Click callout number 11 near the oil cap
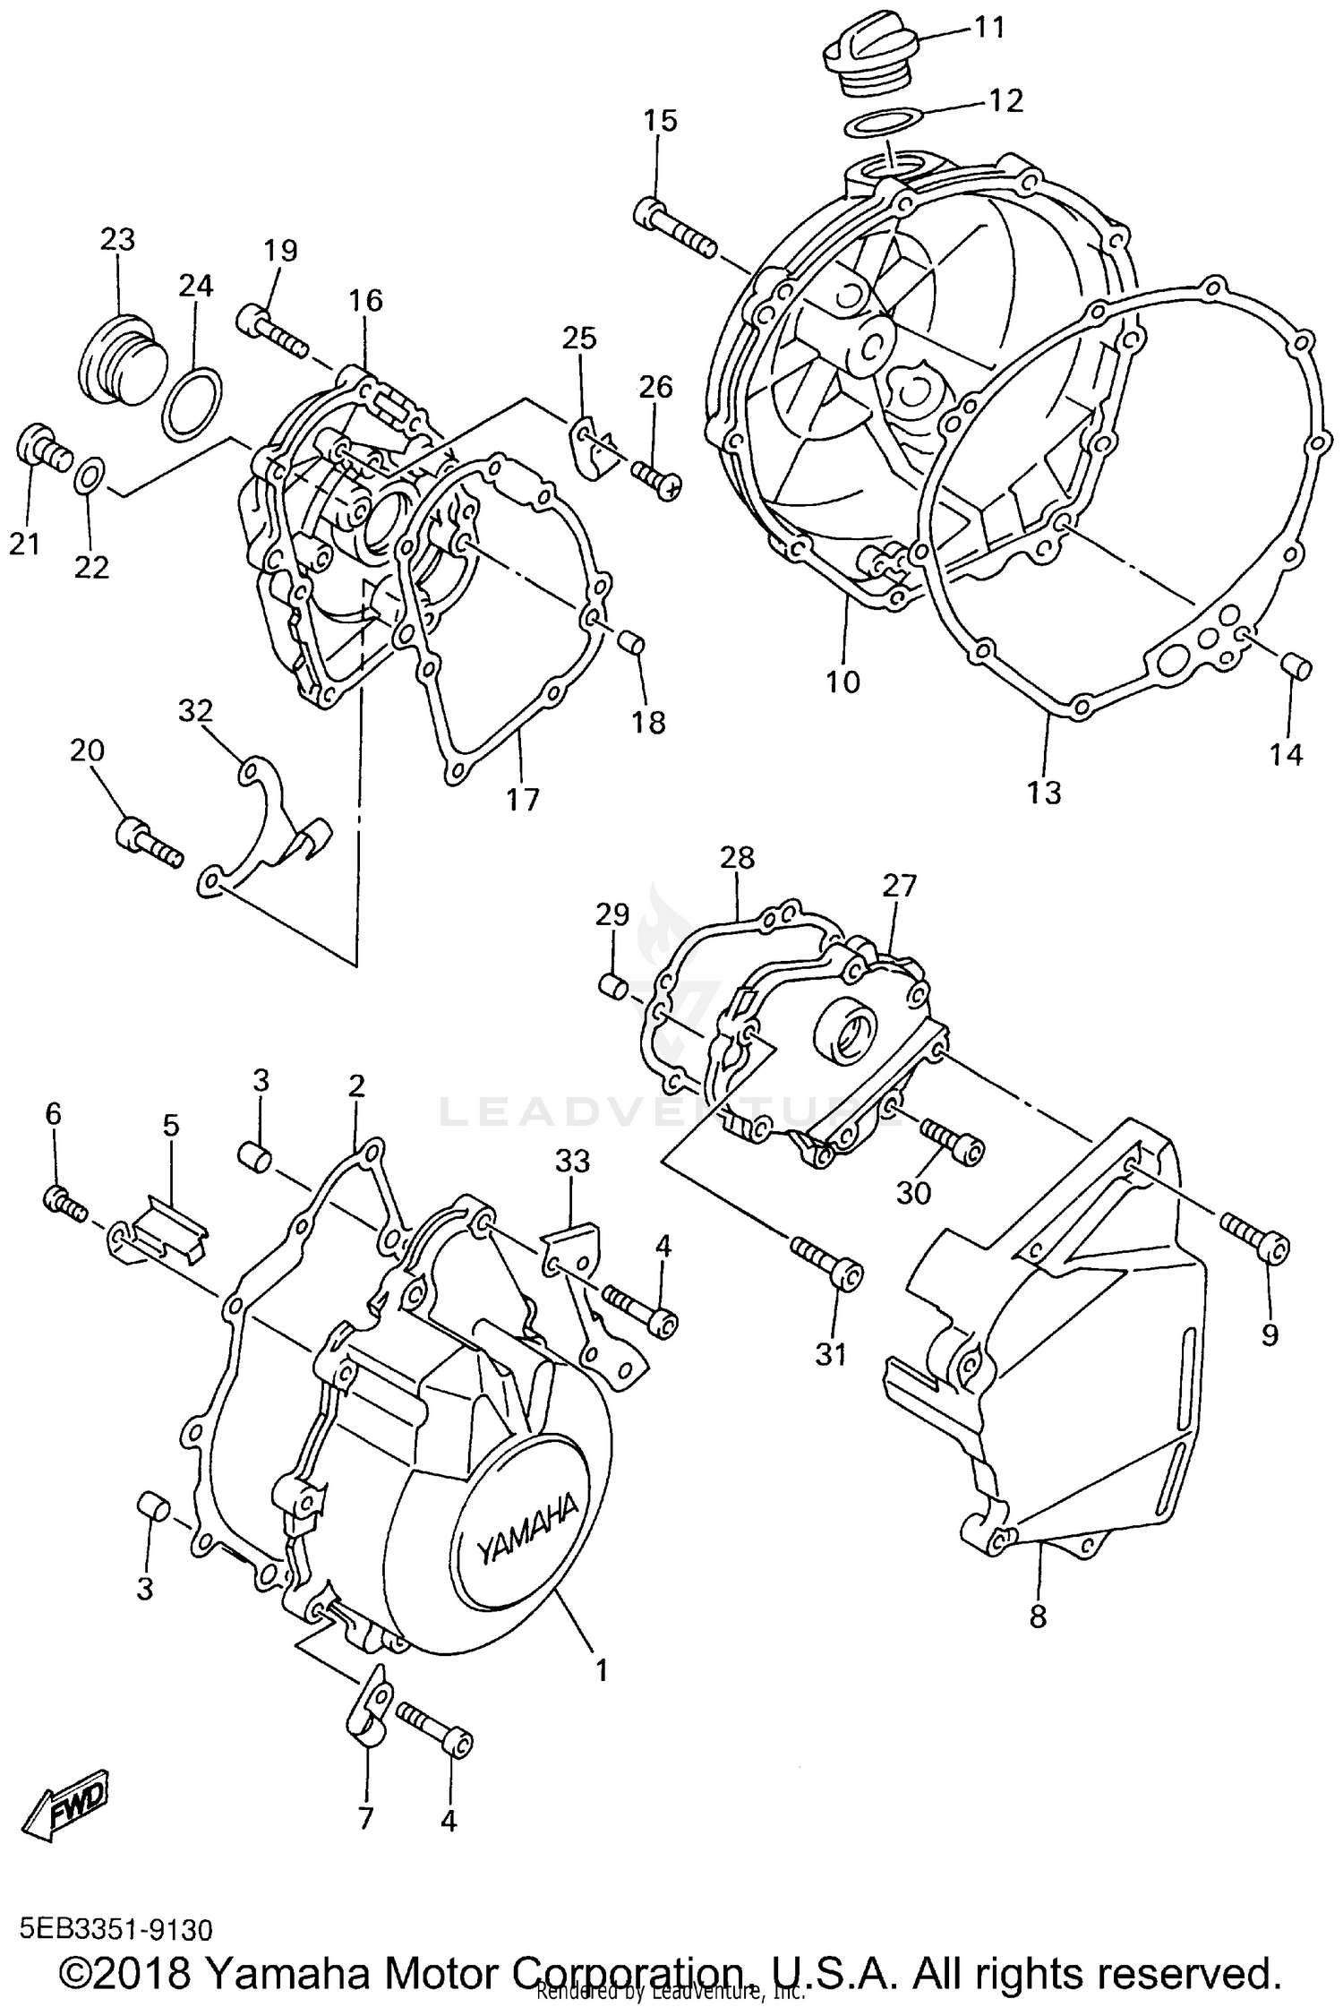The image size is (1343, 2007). (989, 29)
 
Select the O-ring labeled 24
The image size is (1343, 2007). (192, 403)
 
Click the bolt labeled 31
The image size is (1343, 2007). (827, 1263)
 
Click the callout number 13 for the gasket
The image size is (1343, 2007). (1044, 793)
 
